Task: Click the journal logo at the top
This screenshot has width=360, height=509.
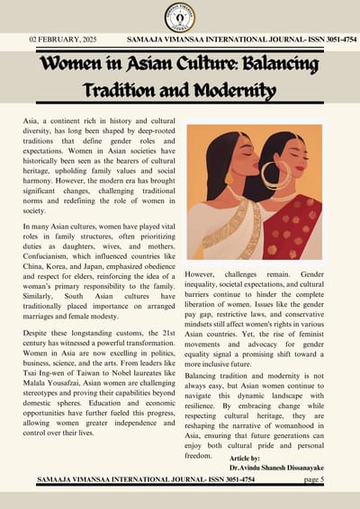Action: pyautogui.click(x=179, y=16)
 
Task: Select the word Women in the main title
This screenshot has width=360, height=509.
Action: pyautogui.click(x=76, y=66)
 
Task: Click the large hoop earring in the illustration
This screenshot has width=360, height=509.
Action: pyautogui.click(x=274, y=174)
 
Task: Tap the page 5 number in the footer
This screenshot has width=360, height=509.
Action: pyautogui.click(x=315, y=481)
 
